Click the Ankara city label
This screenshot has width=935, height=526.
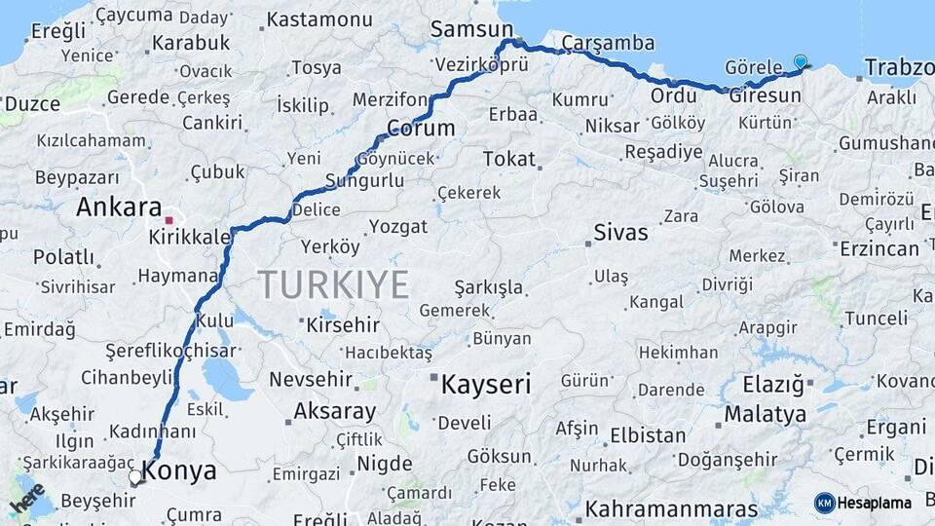coord(119,207)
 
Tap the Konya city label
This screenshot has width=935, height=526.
coord(180,471)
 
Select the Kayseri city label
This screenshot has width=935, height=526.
coord(486,384)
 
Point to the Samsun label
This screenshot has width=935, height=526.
coord(464,30)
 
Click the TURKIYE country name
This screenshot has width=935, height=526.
coord(334,284)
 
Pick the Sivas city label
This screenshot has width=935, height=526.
coord(621,233)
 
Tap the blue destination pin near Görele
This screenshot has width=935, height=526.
coord(801,61)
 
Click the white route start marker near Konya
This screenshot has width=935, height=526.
coord(135,477)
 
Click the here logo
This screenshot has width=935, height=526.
coord(27,499)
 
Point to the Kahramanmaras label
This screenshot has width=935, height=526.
coord(671,509)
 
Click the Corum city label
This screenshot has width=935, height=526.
coord(421,128)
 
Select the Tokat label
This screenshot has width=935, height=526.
coord(509,158)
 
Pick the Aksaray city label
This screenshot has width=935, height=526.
coord(334,411)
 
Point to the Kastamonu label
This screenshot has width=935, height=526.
coord(319,19)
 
